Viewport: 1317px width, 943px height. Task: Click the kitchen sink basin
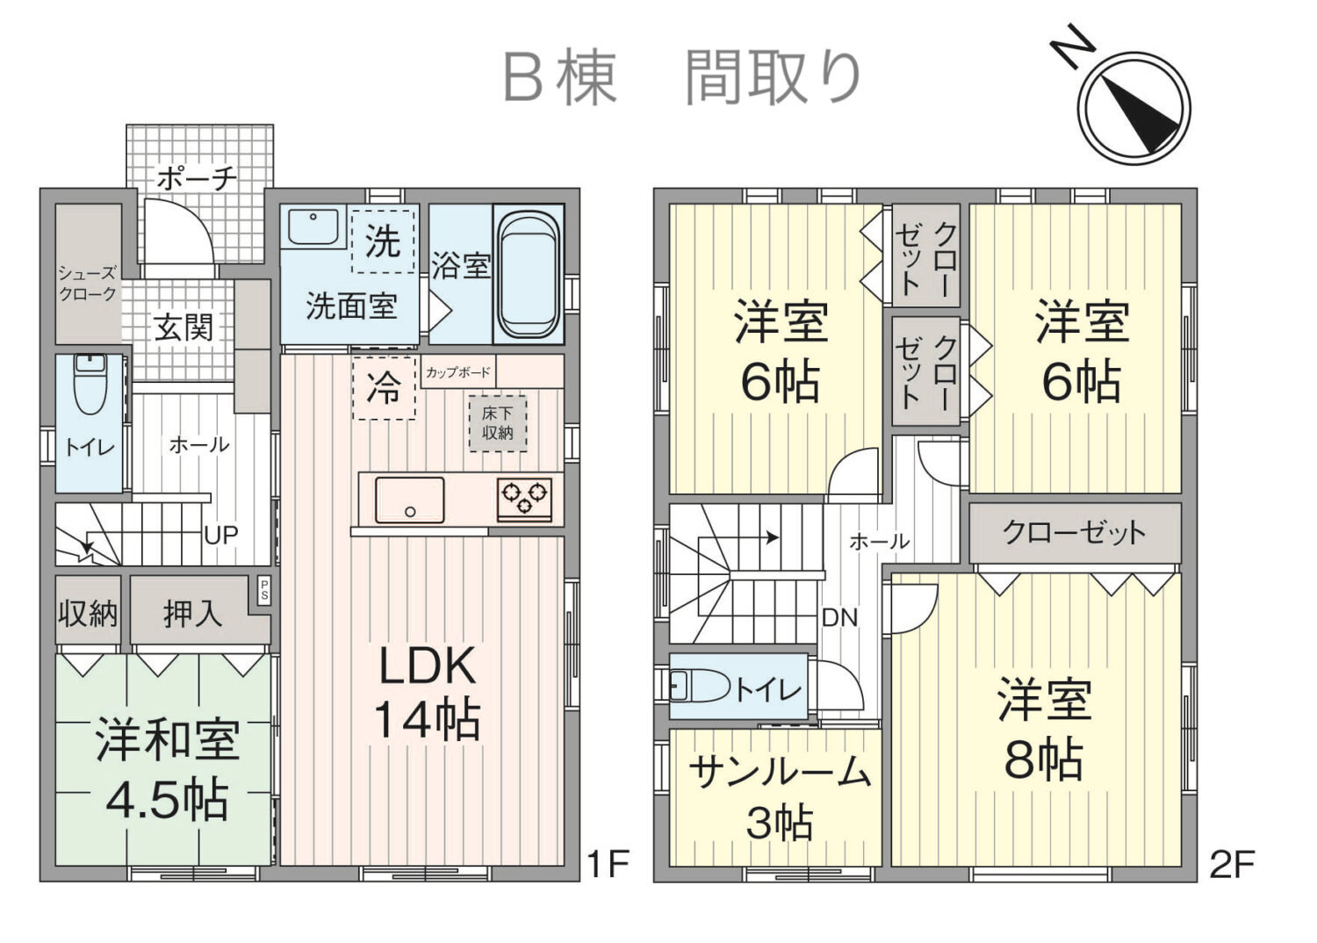[409, 500]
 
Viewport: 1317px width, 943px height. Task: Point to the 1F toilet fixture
[88, 386]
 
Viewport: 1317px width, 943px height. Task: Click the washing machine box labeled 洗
[383, 241]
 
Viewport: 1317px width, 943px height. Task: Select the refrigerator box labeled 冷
[384, 387]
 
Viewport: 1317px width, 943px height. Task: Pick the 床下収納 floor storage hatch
[498, 424]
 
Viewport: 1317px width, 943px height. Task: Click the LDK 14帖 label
[427, 693]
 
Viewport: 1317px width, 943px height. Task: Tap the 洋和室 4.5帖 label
[167, 769]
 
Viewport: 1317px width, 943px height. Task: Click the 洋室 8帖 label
[1043, 731]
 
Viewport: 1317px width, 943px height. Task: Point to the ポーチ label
[197, 178]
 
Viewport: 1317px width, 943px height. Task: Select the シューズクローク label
[88, 284]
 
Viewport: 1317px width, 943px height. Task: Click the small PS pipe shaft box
[263, 589]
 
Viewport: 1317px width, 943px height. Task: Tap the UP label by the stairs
[220, 534]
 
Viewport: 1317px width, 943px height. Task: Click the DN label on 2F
[839, 617]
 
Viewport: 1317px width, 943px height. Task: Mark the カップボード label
[458, 372]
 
